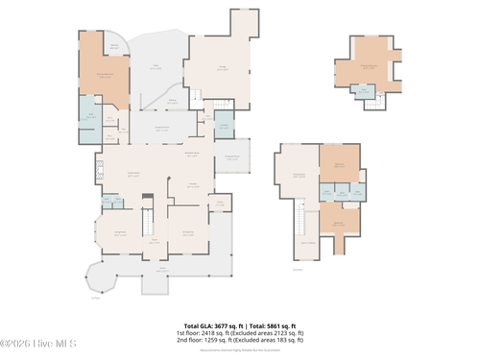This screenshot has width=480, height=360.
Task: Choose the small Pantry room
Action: tap(219, 203)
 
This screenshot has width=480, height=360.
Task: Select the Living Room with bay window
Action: tap(120, 233)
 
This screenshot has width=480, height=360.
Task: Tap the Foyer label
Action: tap(153, 242)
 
